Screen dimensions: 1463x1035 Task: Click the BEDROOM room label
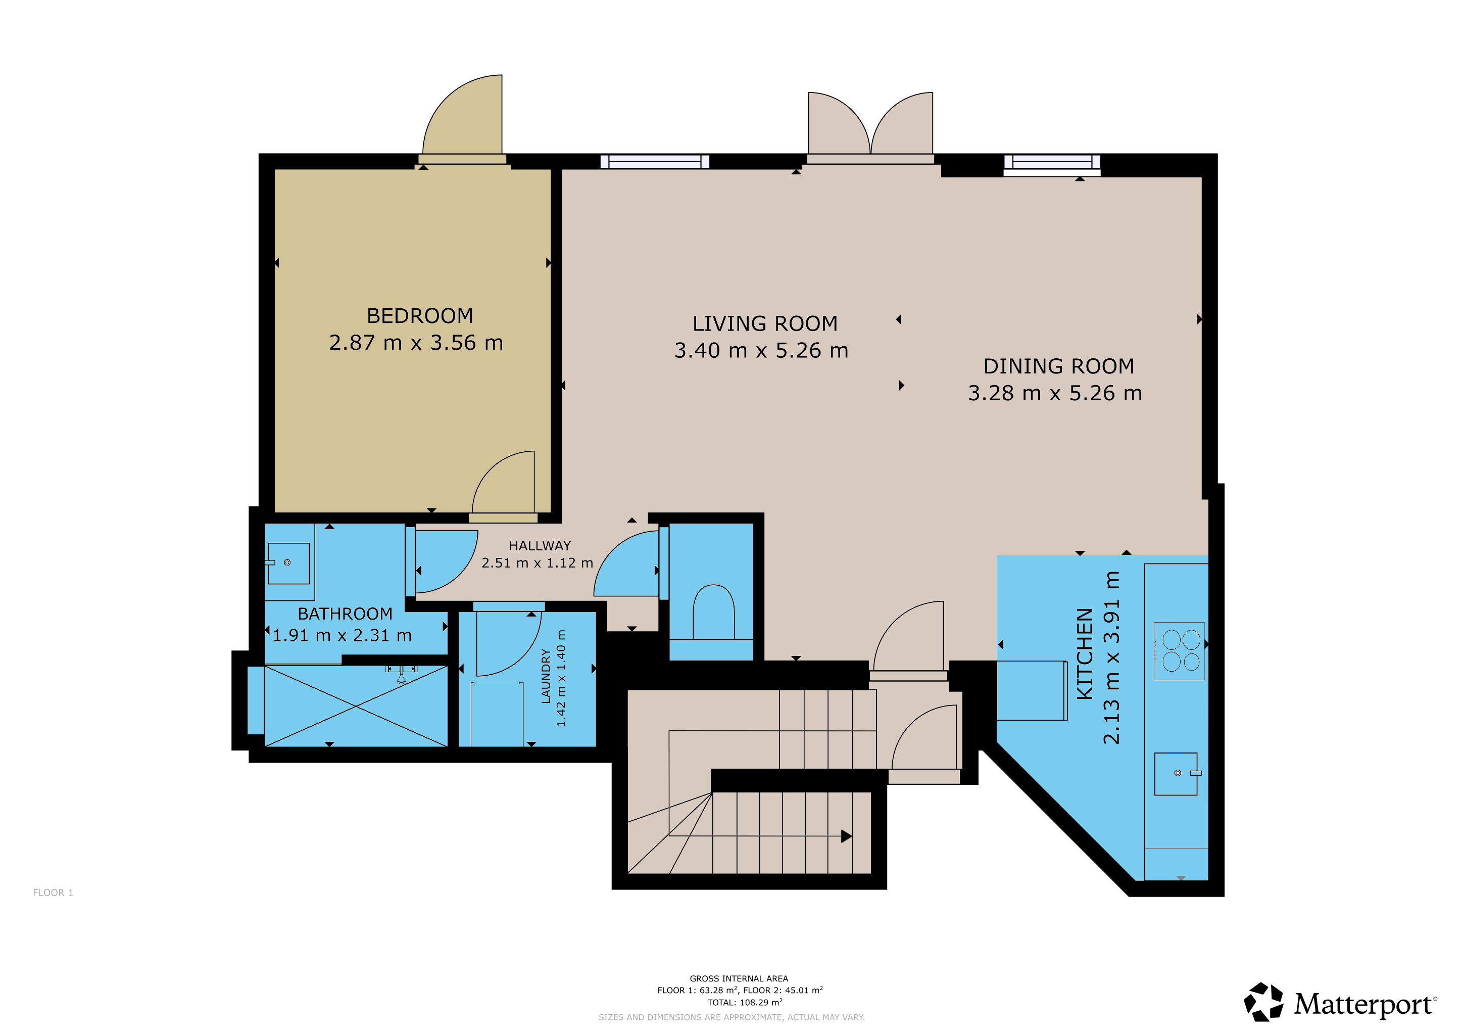click(x=420, y=315)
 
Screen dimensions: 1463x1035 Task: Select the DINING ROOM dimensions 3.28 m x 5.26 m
click(x=1055, y=393)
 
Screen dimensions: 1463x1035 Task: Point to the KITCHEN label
click(x=1085, y=653)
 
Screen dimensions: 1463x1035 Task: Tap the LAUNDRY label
click(x=546, y=676)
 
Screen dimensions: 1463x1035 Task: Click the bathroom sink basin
click(x=288, y=563)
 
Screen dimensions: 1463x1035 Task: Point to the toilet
click(x=714, y=612)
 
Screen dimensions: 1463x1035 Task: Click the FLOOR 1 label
click(x=53, y=892)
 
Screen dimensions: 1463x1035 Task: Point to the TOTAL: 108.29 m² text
click(x=745, y=1002)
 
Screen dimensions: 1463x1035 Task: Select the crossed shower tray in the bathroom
click(x=356, y=705)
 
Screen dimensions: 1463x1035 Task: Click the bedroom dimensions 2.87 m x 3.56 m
click(x=416, y=342)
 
